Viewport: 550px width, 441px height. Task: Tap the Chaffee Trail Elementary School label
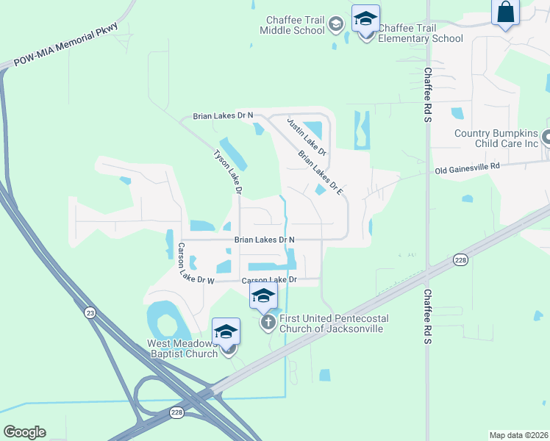[421, 33]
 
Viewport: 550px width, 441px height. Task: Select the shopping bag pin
[505, 12]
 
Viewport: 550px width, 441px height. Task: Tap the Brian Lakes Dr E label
[321, 173]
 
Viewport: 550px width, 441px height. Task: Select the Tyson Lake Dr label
[228, 171]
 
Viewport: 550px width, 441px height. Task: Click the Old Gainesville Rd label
[467, 168]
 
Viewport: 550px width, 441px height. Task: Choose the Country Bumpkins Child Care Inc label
[486, 138]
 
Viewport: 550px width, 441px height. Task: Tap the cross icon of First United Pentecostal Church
[268, 321]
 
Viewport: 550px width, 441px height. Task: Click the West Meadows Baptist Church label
[182, 348]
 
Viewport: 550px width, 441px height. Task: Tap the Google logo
[24, 432]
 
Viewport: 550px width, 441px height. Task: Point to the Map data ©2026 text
[518, 435]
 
